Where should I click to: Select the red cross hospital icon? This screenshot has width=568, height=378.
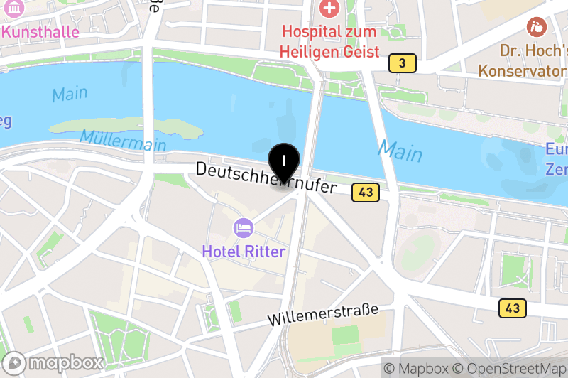[x=329, y=9]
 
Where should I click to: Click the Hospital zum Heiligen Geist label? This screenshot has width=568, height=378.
[x=329, y=42]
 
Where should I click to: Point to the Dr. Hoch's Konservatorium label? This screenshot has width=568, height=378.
[x=524, y=61]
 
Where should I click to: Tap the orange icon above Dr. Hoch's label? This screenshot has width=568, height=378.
[x=537, y=28]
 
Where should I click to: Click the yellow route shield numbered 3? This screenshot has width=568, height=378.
[x=402, y=64]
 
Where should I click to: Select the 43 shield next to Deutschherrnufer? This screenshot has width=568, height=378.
[x=366, y=192]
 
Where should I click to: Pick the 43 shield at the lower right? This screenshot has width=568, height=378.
[x=512, y=308]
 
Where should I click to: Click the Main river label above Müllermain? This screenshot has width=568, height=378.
[x=70, y=93]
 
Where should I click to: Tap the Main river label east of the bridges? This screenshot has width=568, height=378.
[x=400, y=151]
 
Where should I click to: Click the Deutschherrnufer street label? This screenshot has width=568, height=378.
[x=265, y=178]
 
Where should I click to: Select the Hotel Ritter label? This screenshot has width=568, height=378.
[x=244, y=252]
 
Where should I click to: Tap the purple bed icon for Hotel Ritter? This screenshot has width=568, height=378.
[x=243, y=228]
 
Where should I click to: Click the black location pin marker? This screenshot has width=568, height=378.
[x=284, y=163]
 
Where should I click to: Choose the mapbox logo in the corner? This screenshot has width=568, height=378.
[x=53, y=362]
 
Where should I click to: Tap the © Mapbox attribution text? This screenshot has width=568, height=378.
[x=416, y=368]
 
